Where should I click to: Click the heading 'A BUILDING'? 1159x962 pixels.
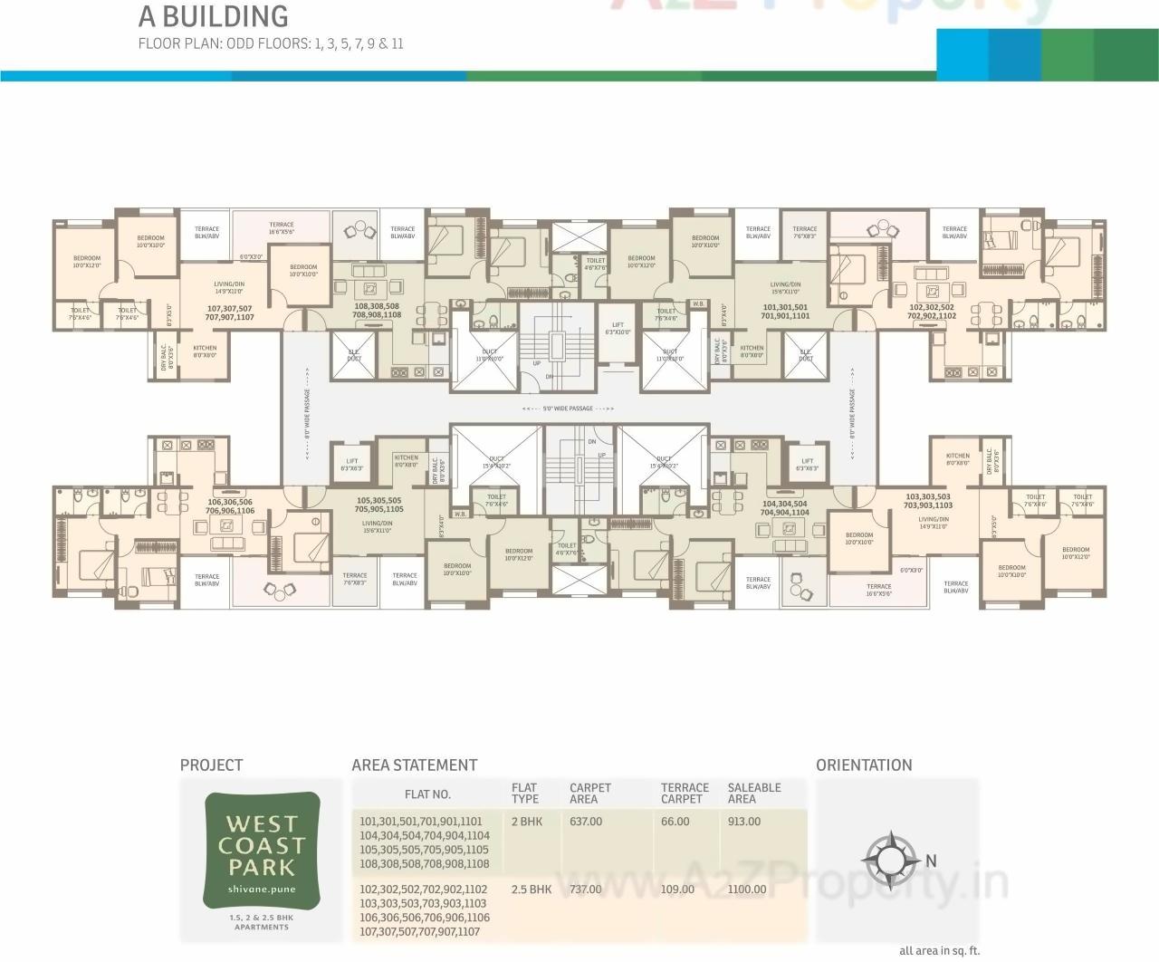tap(213, 16)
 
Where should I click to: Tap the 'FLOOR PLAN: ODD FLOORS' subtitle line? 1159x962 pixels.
tap(270, 43)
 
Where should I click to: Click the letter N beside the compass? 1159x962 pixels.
tap(931, 860)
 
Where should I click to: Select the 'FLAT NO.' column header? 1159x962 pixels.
tap(427, 794)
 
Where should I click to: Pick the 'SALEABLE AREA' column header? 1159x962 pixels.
tap(753, 793)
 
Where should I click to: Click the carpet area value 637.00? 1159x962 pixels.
tap(586, 822)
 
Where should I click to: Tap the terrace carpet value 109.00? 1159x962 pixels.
tap(677, 890)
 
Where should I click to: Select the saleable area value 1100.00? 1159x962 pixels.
tap(746, 890)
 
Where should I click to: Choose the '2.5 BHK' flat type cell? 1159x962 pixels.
tap(532, 890)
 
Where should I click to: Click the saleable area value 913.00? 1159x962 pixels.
tap(743, 822)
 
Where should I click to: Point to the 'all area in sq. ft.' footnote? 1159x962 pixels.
tap(939, 951)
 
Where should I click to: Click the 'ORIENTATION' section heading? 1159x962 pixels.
tap(864, 765)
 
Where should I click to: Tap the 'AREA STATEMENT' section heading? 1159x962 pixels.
tap(414, 765)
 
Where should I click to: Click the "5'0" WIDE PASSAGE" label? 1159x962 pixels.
tap(569, 409)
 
